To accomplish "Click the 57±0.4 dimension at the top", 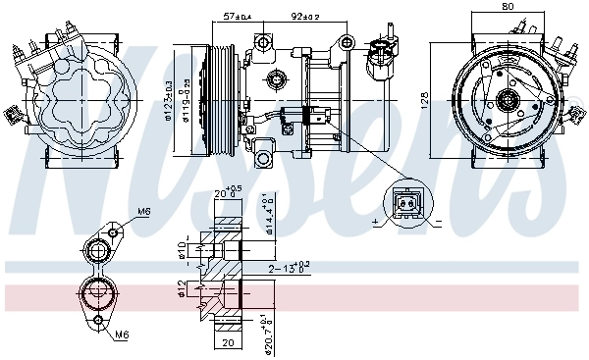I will point(237,17).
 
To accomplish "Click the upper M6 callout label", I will point(143,211).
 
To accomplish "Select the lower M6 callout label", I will point(121,334).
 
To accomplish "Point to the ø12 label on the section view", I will point(182,290).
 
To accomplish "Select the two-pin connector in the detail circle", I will point(405,202).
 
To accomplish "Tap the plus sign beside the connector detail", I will point(376,224).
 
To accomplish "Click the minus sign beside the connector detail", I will point(437,225).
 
